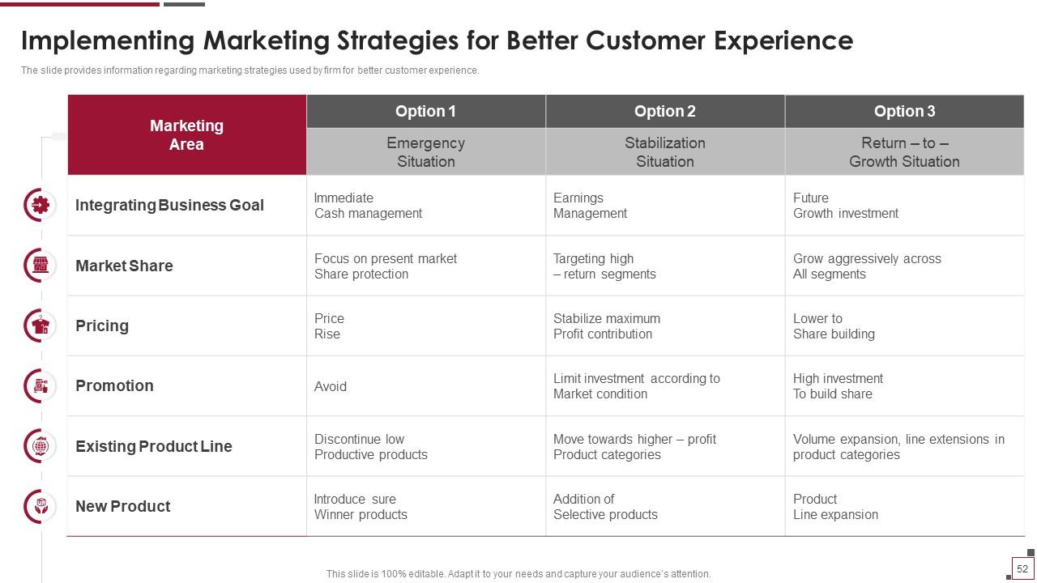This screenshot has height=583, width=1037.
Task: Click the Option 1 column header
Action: (x=426, y=111)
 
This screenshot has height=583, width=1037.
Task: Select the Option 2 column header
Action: (x=665, y=111)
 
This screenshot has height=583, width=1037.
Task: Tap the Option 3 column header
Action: (x=905, y=111)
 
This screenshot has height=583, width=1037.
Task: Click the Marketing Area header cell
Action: (x=187, y=134)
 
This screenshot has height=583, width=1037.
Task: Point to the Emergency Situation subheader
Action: (x=426, y=151)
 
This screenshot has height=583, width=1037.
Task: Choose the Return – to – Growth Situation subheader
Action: (x=905, y=151)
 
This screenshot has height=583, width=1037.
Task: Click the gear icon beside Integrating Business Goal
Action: (x=41, y=205)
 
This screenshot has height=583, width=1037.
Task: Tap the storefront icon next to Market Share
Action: (x=41, y=265)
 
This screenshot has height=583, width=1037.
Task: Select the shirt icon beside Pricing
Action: (x=41, y=326)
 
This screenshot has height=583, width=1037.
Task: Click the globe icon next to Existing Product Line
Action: (x=41, y=446)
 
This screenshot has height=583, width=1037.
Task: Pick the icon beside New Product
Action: (x=41, y=506)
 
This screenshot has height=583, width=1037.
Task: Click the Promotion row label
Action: (x=114, y=385)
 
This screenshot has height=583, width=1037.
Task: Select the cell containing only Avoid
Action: (x=426, y=386)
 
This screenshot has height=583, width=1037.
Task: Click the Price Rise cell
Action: (x=426, y=326)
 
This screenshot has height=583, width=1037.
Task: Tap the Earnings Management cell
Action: (x=665, y=206)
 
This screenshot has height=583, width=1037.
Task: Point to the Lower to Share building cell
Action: (x=905, y=326)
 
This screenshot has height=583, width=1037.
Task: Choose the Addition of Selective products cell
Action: (x=665, y=506)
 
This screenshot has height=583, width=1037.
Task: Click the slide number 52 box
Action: (x=1022, y=568)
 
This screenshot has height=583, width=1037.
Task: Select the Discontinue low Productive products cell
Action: (x=426, y=446)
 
